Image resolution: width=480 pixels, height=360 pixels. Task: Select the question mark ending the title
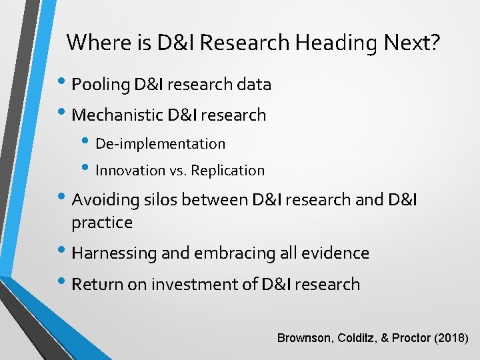[435, 43]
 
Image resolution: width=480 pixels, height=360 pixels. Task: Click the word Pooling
[100, 85]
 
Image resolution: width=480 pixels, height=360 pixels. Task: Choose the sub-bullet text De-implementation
[161, 144]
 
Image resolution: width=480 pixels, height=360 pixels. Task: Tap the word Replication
[227, 171]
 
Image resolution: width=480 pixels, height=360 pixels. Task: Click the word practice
[102, 223]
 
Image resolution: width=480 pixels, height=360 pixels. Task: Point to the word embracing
[224, 253]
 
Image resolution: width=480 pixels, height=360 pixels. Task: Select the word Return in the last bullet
[97, 285]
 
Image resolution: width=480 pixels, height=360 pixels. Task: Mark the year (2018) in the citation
[451, 338]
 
